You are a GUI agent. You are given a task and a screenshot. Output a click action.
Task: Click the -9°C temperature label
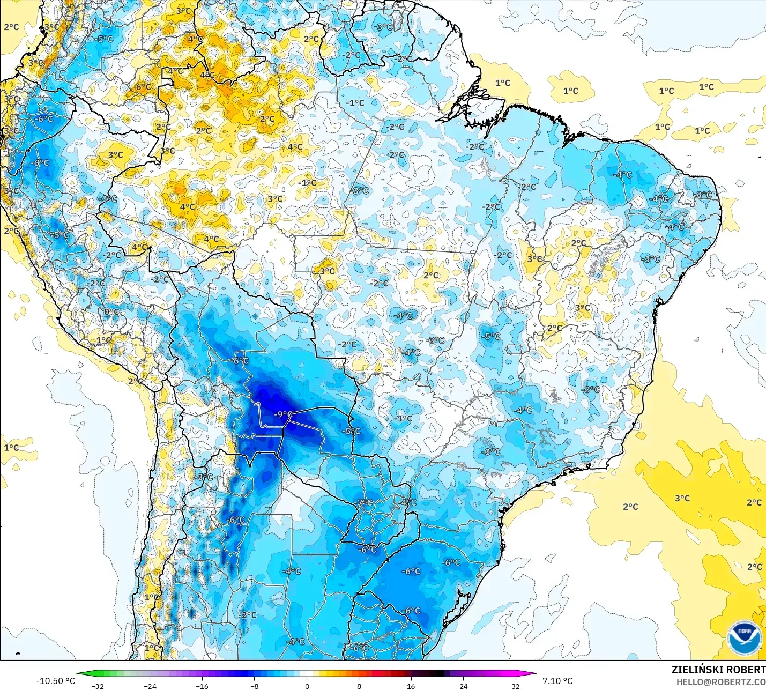(283, 414)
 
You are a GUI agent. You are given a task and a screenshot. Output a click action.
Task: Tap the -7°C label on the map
(365, 502)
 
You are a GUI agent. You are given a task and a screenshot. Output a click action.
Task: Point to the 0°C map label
(111, 311)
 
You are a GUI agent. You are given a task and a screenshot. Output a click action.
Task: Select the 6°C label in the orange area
(143, 87)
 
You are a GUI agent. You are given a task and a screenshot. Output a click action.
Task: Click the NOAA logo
(745, 638)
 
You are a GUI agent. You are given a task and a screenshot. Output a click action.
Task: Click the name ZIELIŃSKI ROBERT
(718, 670)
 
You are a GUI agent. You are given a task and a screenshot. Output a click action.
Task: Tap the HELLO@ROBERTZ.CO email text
(720, 682)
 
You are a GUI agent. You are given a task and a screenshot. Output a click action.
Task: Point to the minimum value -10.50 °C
(56, 681)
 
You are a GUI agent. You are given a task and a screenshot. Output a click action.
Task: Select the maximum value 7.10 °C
(557, 681)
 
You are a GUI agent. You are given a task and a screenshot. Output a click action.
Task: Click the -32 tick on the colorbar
(98, 686)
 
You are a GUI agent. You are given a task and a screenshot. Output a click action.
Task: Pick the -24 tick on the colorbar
(150, 686)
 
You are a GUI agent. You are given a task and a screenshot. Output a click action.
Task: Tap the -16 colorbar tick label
(202, 686)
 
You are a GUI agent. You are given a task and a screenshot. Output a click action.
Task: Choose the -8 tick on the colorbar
(255, 686)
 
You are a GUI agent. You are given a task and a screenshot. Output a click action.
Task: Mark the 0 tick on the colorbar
(307, 686)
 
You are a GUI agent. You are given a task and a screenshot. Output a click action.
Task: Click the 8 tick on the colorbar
(359, 686)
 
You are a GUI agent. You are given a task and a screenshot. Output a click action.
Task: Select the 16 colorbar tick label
(411, 686)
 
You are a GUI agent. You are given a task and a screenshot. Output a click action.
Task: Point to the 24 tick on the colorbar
(463, 686)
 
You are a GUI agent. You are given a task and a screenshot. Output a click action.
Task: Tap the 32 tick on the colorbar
(515, 686)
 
